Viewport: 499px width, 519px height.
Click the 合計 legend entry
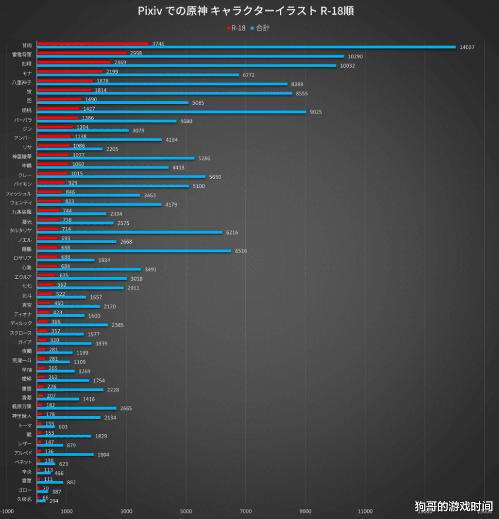262,28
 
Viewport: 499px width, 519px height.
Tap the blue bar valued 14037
246,47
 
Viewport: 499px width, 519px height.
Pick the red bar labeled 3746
92,44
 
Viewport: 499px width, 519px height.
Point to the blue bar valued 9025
171,112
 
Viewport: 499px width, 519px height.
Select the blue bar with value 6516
134,251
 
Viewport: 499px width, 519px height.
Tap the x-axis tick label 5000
186,511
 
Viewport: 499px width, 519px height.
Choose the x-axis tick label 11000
365,511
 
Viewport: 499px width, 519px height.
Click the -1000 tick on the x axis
7,511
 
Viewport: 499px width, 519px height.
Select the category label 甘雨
26,45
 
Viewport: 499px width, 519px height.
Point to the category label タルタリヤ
20,231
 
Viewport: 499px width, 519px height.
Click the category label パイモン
23,184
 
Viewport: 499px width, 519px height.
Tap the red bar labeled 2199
69,71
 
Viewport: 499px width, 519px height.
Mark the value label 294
54,501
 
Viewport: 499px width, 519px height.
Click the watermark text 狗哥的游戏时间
453,506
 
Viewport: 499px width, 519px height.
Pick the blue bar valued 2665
76,408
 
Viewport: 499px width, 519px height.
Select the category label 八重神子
22,82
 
